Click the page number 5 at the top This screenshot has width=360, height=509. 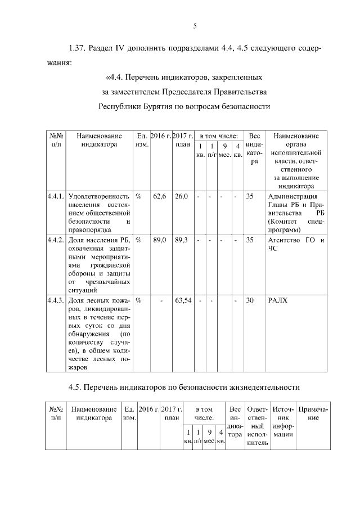[x=194, y=26]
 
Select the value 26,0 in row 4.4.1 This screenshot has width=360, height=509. [x=181, y=196]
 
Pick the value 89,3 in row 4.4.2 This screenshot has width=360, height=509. [x=181, y=240]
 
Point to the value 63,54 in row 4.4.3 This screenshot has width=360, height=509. [x=183, y=300]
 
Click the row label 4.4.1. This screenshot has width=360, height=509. [x=56, y=196]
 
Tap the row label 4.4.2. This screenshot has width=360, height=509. [x=56, y=240]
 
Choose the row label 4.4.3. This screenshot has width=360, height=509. [x=56, y=300]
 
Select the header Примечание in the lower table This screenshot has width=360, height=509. [x=312, y=413]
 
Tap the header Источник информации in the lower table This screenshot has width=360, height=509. [x=282, y=421]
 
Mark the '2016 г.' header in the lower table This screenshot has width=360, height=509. [x=149, y=409]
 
